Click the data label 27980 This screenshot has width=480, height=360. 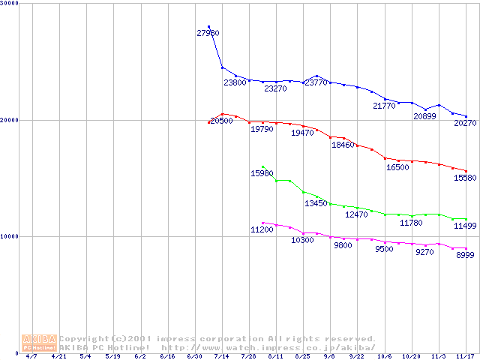click(x=208, y=33)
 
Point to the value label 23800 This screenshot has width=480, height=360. click(x=235, y=82)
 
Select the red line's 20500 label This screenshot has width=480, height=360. click(x=221, y=121)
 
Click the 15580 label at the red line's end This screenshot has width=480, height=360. click(x=464, y=178)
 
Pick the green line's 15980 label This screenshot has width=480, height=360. click(x=262, y=173)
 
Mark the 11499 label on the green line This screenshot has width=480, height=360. click(x=464, y=226)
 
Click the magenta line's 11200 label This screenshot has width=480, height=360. click(x=262, y=229)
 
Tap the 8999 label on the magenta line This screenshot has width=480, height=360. click(x=464, y=256)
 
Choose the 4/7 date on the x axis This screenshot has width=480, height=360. click(x=31, y=357)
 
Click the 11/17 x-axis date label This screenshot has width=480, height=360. click(x=464, y=357)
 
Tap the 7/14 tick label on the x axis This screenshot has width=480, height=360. click(x=221, y=357)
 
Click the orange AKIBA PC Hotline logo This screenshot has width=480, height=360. click(x=40, y=343)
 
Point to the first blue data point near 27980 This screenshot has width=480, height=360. click(x=208, y=27)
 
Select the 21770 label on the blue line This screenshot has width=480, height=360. click(x=384, y=106)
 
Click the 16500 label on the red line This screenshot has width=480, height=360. click(x=397, y=168)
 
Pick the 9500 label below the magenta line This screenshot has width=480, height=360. click(x=384, y=249)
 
